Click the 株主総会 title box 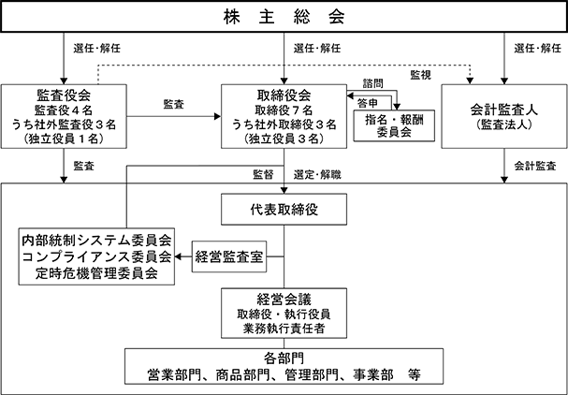coord(284,17)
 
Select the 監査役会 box coord(64,116)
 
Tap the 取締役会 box coord(284,116)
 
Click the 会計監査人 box coord(504,116)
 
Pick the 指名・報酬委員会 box coord(394,125)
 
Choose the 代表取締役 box coord(284,209)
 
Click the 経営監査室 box coord(229,256)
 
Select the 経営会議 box coord(284,314)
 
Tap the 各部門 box coord(284,366)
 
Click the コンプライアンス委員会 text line coord(96,256)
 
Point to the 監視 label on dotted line coord(420,75)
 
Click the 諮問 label coord(373,83)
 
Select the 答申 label coord(368,103)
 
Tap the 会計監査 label coord(535,166)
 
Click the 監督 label coord(263,175)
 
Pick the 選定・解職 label coord(317,175)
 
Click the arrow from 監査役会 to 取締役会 coord(174,116)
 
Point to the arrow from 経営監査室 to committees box coord(182,256)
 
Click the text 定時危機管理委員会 coord(96,273)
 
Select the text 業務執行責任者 coord(284,329)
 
